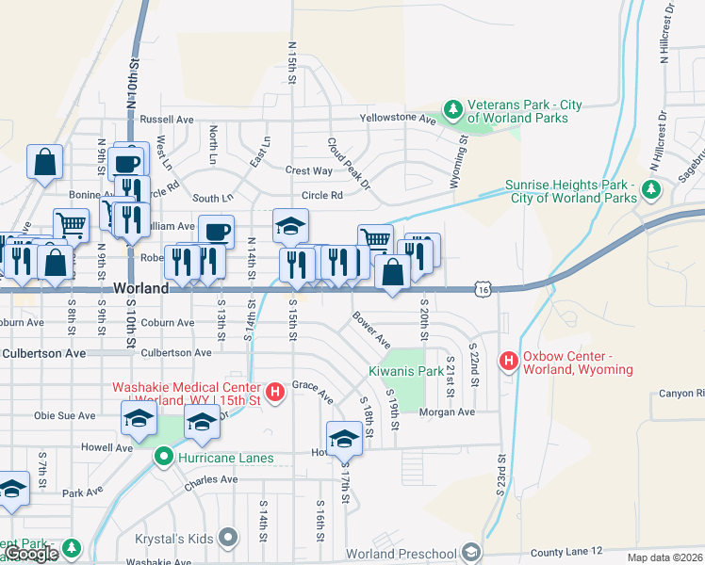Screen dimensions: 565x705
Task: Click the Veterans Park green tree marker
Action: click(x=453, y=111)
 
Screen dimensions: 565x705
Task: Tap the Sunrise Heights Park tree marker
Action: click(x=650, y=191)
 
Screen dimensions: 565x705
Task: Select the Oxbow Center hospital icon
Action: click(x=510, y=362)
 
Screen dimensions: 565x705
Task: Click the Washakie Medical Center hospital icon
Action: click(x=275, y=392)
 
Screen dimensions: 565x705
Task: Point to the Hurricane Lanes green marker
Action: click(x=163, y=459)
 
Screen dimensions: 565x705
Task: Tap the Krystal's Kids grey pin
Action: click(x=227, y=537)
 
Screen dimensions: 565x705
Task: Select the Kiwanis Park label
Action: click(x=405, y=371)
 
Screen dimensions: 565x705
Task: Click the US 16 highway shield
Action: click(x=484, y=290)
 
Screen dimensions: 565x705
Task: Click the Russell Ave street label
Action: click(x=166, y=120)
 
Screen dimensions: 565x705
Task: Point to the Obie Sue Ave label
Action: click(x=65, y=415)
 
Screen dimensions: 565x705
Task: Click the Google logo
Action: click(x=31, y=554)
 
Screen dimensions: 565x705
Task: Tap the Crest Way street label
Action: click(x=309, y=170)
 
